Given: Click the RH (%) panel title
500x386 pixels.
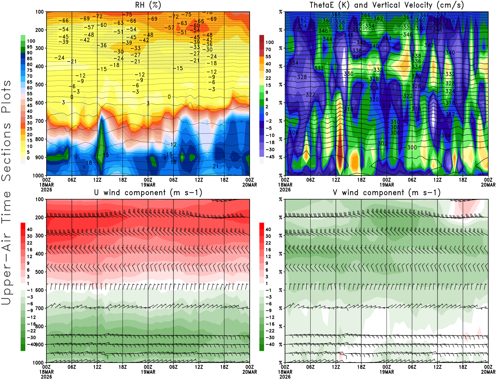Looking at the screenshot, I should pyautogui.click(x=148, y=5).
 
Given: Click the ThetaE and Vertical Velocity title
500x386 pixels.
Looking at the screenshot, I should pyautogui.click(x=387, y=5).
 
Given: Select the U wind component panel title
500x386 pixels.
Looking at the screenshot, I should pyautogui.click(x=148, y=193).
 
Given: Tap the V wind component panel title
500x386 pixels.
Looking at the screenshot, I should pyautogui.click(x=387, y=193).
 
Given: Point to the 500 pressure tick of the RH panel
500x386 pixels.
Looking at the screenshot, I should pyautogui.click(x=39, y=85).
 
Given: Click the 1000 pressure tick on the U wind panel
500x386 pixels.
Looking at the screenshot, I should pyautogui.click(x=38, y=363).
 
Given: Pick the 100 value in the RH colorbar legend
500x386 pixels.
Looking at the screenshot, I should pyautogui.click(x=31, y=41).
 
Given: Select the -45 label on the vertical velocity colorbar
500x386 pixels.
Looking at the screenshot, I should pyautogui.click(x=270, y=157).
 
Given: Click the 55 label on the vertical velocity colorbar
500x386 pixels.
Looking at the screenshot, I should pyautogui.click(x=268, y=57).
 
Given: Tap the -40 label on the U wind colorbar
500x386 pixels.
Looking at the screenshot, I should pyautogui.click(x=31, y=344).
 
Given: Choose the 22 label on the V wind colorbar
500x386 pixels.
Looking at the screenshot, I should pyautogui.click(x=268, y=243).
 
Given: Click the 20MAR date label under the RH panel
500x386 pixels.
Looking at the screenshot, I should pyautogui.click(x=250, y=185).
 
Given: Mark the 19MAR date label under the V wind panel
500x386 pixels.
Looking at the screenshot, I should pyautogui.click(x=387, y=372).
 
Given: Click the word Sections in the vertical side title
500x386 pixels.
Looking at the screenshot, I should pyautogui.click(x=6, y=151).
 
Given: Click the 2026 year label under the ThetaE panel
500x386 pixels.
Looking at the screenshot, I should pyautogui.click(x=285, y=190).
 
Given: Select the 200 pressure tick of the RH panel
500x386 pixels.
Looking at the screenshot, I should pyautogui.click(x=39, y=30).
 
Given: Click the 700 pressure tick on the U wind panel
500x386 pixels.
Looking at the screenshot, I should pyautogui.click(x=39, y=308).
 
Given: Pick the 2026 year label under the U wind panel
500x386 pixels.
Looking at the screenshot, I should pyautogui.click(x=46, y=377).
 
